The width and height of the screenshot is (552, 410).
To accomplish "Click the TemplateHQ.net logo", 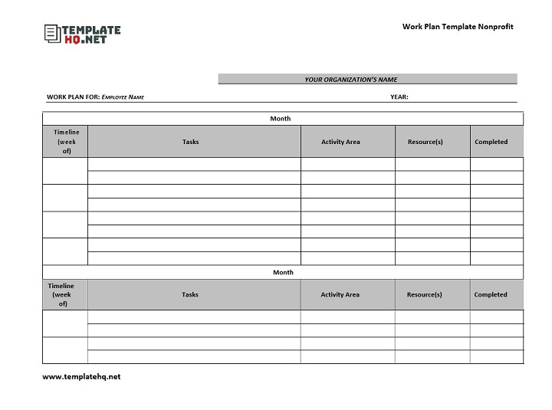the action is coord(83,34).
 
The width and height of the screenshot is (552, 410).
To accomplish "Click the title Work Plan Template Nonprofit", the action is coord(458,27).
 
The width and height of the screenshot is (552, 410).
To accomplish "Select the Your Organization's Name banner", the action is coord(351,79).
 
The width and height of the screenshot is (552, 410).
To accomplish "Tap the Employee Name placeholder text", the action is coord(123,97).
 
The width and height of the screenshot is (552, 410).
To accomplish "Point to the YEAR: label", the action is coord(399,97).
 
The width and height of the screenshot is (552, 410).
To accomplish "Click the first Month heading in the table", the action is coord(281,119).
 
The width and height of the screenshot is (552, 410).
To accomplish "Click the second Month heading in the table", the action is coord(283,272).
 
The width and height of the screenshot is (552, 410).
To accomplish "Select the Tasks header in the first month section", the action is coord(191,142).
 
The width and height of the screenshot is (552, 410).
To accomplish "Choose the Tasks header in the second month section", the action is coord(190,294).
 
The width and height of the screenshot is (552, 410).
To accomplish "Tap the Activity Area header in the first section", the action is coord(340,142).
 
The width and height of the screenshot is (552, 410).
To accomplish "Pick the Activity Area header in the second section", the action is coord(340,294).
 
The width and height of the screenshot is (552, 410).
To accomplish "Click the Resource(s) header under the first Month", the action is coord(425,142).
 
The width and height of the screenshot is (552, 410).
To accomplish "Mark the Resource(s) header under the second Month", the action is coord(424,294).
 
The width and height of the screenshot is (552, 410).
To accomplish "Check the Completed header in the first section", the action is coord(491,142).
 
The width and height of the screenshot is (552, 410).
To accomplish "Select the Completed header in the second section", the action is coord(491,294).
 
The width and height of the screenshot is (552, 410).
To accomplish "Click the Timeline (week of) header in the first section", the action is coord(66,142).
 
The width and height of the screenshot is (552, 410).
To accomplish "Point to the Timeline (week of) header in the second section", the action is coord(61,294).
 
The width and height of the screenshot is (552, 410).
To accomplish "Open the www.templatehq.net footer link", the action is coord(81,376).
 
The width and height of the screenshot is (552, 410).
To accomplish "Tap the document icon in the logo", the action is coord(52,34).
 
